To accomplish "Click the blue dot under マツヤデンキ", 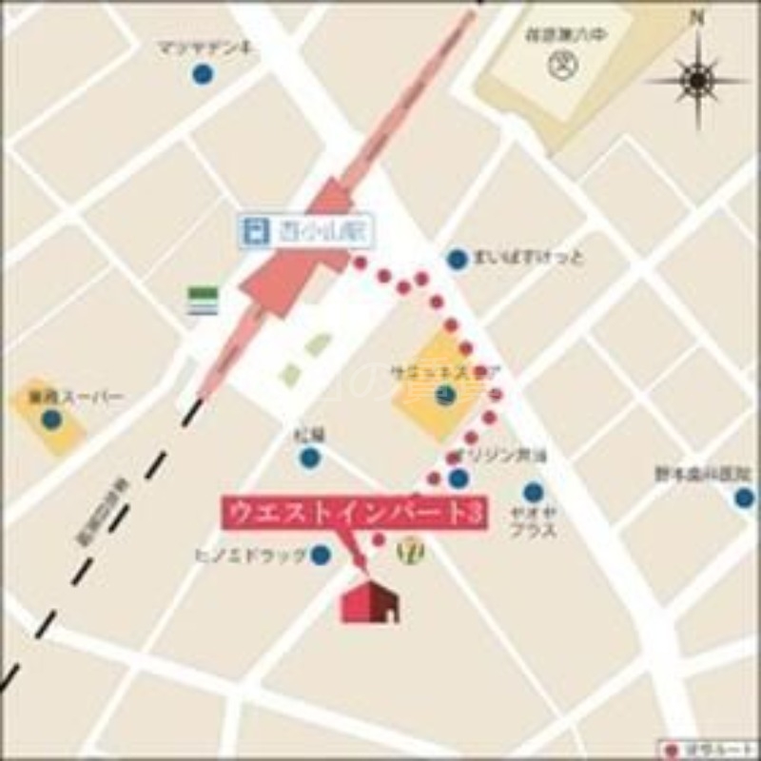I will (201, 73).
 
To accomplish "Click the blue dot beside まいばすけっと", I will (458, 258).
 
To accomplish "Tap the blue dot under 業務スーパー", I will (51, 419).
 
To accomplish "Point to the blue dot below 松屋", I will (310, 458).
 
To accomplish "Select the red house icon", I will (371, 602).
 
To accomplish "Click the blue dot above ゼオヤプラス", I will (533, 492).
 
